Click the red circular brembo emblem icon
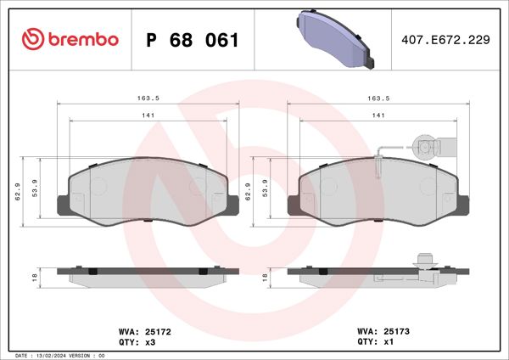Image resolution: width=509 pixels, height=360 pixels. pyautogui.click(x=32, y=40)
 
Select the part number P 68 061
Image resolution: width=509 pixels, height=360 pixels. pyautogui.click(x=193, y=40)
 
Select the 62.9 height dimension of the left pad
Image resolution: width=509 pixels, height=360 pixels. pyautogui.click(x=16, y=193)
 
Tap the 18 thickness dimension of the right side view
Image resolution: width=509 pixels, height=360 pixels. pyautogui.click(x=265, y=277)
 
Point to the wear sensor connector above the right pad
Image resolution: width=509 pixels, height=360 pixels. pyautogui.click(x=423, y=146)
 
